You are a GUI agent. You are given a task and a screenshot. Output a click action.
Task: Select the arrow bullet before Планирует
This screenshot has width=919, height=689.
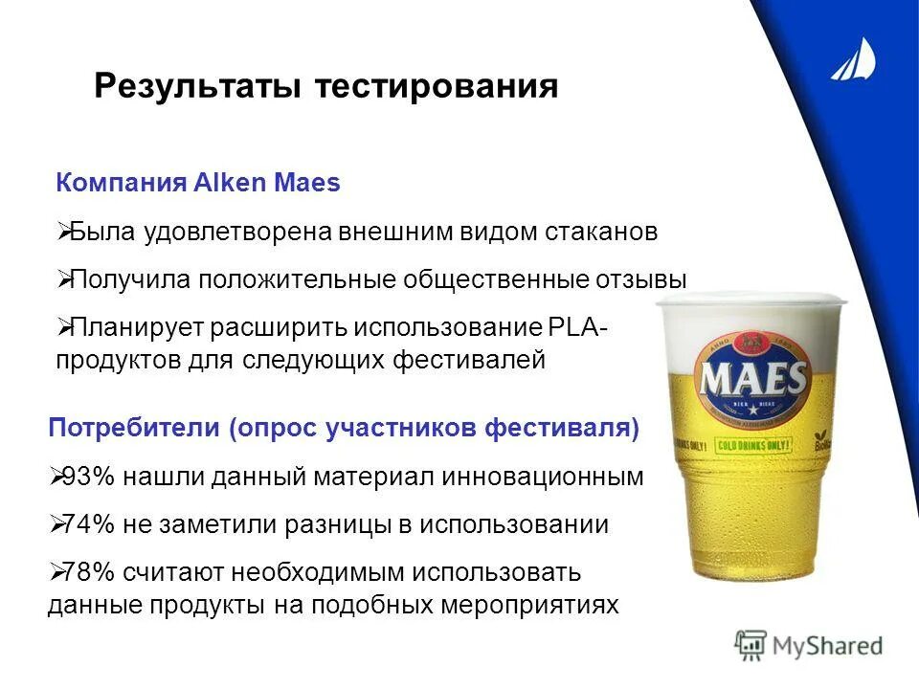coord(62,328)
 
